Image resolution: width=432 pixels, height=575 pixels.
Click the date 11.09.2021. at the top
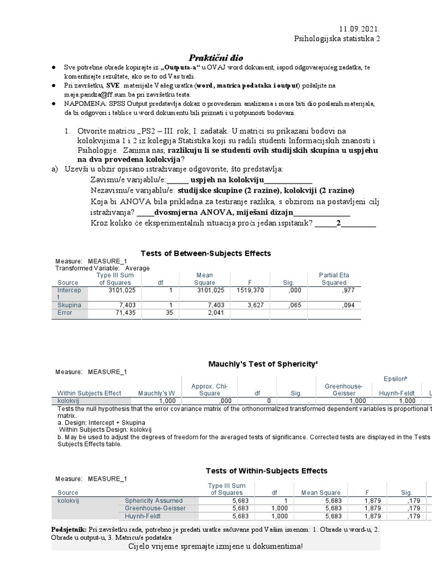(x=359, y=29)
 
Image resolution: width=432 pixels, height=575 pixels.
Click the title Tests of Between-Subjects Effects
(x=205, y=253)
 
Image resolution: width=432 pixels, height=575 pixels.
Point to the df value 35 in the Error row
(x=169, y=313)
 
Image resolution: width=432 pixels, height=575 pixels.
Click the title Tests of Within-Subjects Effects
(x=266, y=471)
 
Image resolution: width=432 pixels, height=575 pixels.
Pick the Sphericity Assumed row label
(x=154, y=500)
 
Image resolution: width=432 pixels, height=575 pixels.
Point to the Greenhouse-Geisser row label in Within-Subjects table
(x=155, y=508)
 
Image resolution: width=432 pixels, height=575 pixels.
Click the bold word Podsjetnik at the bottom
(x=68, y=530)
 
